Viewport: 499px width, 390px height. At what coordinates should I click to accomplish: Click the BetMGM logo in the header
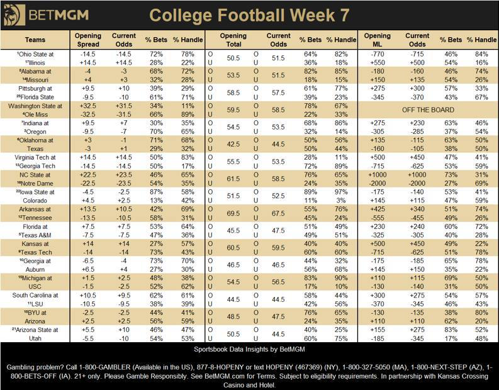[48, 13]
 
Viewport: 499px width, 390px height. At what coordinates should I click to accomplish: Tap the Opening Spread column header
[87, 40]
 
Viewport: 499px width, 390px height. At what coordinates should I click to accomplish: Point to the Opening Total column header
[233, 40]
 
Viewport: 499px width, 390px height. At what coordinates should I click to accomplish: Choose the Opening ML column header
[377, 40]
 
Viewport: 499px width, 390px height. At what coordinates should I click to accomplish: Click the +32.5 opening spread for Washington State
[87, 107]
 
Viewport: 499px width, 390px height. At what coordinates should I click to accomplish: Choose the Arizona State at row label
[35, 330]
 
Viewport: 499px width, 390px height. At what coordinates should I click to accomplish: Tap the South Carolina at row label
[35, 294]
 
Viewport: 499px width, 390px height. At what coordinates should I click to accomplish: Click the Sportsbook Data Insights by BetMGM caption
[249, 347]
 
